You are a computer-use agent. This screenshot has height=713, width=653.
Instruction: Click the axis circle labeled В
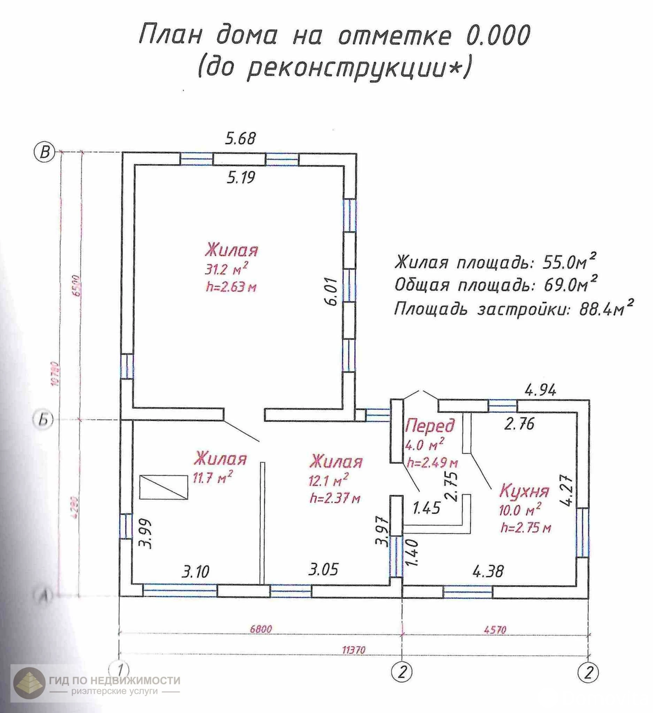pos(44,152)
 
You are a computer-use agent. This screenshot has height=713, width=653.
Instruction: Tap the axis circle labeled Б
pos(43,420)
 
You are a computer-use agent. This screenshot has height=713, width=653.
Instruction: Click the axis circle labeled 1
pos(119,669)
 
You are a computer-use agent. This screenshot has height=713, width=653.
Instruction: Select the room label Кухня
pos(524,491)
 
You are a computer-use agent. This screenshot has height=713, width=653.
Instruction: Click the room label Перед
pos(430,426)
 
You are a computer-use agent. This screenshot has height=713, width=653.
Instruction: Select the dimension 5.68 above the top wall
pos(240,139)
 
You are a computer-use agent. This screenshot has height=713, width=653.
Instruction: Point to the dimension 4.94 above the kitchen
pos(540,390)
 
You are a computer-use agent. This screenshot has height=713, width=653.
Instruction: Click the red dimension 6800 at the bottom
pos(261,629)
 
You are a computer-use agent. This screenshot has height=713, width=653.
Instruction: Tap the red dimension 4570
pos(495,630)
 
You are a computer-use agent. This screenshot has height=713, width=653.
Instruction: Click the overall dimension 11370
pos(353,650)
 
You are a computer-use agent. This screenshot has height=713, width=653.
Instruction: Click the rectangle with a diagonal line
pos(164,487)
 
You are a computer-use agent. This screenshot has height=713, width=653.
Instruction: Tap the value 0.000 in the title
pos(498,36)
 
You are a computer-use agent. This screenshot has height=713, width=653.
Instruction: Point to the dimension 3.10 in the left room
pos(195,571)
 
